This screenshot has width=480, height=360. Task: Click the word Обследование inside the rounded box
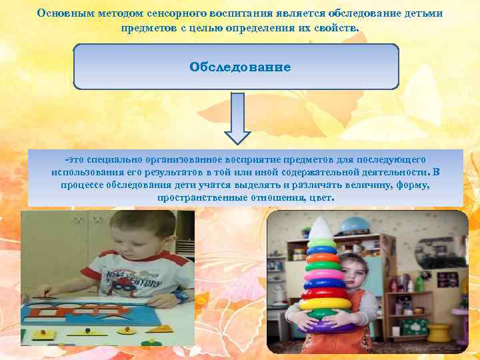[240, 67]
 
